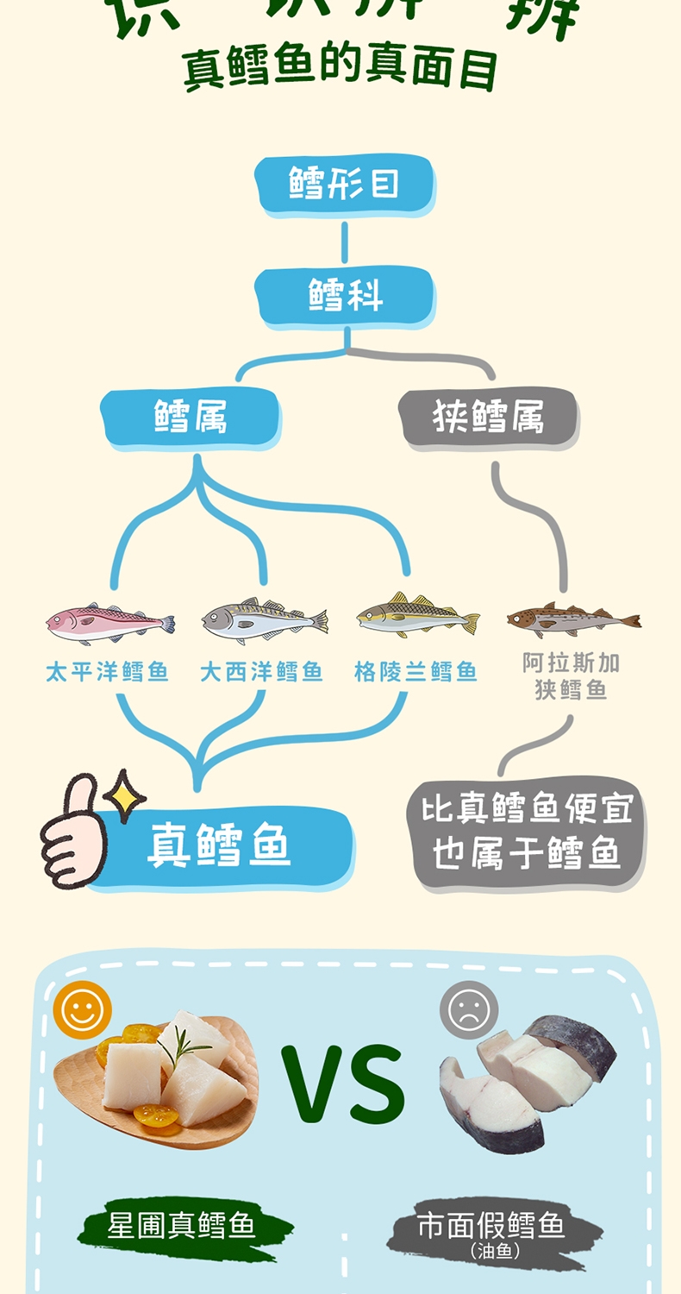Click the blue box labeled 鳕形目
coord(344,185)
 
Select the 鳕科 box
coord(345,296)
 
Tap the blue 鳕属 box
coord(191,418)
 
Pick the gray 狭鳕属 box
coord(488,418)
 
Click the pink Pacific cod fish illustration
coord(109,623)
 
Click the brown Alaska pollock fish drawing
coord(572,619)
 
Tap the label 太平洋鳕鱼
coord(108,672)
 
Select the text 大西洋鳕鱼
coord(261,672)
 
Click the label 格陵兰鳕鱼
coord(415,672)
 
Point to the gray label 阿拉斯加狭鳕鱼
coord(571,676)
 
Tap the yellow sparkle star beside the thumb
coord(128,795)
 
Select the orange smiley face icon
coord(83,1009)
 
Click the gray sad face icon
coord(469,1009)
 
